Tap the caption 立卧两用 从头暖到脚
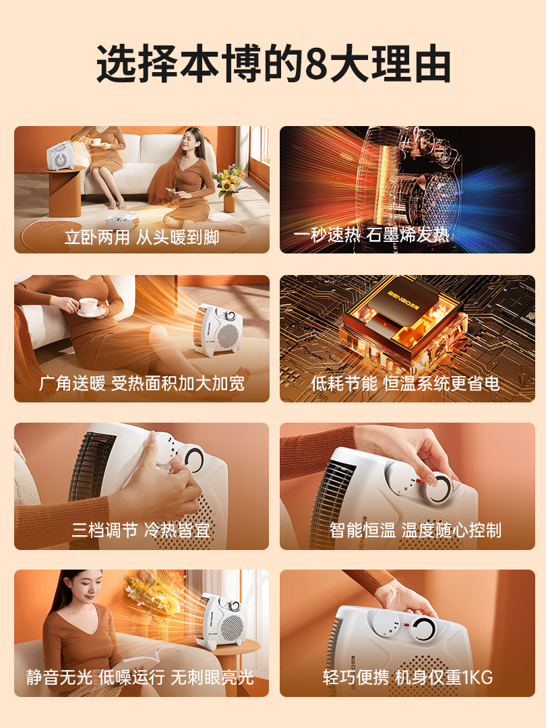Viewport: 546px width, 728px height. [142, 237]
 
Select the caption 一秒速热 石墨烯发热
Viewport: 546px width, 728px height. [371, 235]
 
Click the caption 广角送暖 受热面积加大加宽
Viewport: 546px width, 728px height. [142, 384]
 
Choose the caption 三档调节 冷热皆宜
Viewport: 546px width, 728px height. [142, 530]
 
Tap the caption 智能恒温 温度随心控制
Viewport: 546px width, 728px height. [415, 530]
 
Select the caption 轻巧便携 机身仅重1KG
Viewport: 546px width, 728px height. [408, 677]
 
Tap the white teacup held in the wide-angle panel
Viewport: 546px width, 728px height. [88, 305]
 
